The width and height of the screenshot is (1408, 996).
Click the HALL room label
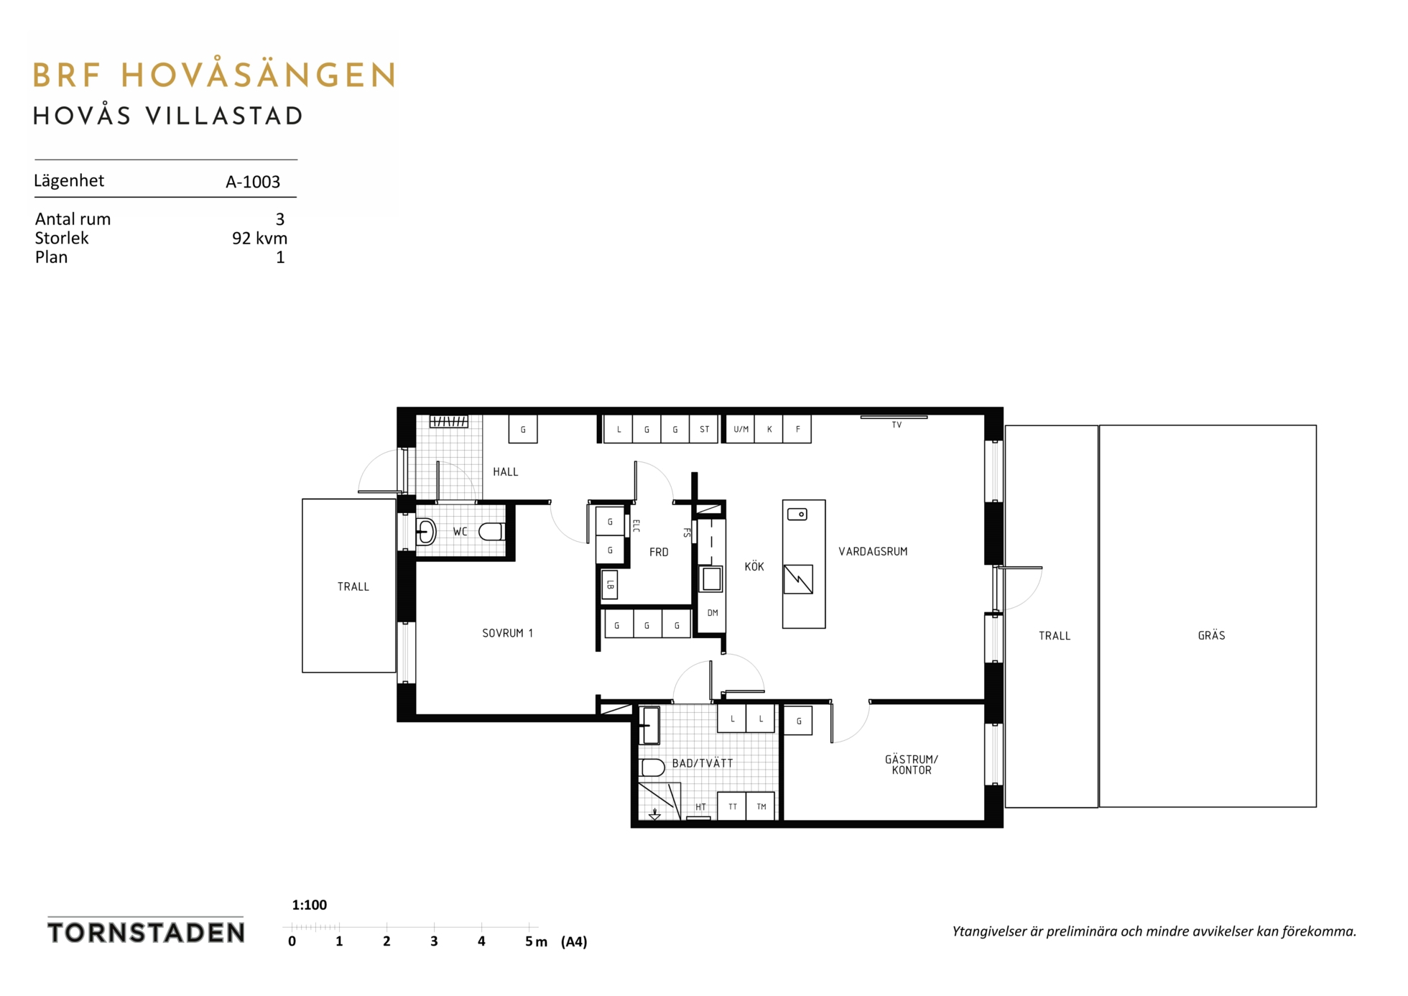[x=505, y=472]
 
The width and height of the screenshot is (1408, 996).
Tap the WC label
[x=460, y=532]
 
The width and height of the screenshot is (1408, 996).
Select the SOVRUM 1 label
[x=507, y=633]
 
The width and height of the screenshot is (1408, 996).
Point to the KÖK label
[x=754, y=566]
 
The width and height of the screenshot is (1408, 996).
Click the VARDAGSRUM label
[x=873, y=552]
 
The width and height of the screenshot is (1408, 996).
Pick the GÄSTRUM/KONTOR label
[x=911, y=765]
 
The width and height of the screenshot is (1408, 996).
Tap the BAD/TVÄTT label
[x=702, y=763]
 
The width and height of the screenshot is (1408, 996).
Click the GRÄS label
[x=1211, y=635]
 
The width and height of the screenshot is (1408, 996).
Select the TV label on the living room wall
[x=897, y=425]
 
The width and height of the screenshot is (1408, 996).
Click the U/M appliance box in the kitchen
[x=741, y=429]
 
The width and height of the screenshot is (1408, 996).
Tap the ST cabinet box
[x=704, y=429]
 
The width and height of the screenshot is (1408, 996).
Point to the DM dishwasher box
[x=712, y=613]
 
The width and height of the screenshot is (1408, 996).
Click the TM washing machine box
[x=761, y=806]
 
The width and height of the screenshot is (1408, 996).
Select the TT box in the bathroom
[x=732, y=806]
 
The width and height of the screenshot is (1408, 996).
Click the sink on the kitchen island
[x=797, y=515]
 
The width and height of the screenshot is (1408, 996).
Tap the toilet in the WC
[x=491, y=532]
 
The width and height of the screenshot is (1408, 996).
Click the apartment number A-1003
[x=253, y=182]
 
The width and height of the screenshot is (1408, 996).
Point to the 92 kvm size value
[x=259, y=238]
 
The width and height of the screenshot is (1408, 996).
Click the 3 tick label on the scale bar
[x=434, y=941]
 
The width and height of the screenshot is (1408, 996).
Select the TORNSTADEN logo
[x=146, y=932]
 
